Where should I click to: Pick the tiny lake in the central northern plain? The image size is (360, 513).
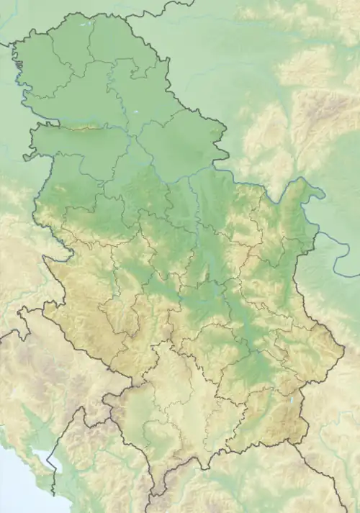(137, 113)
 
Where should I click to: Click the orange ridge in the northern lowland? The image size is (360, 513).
(83, 129)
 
